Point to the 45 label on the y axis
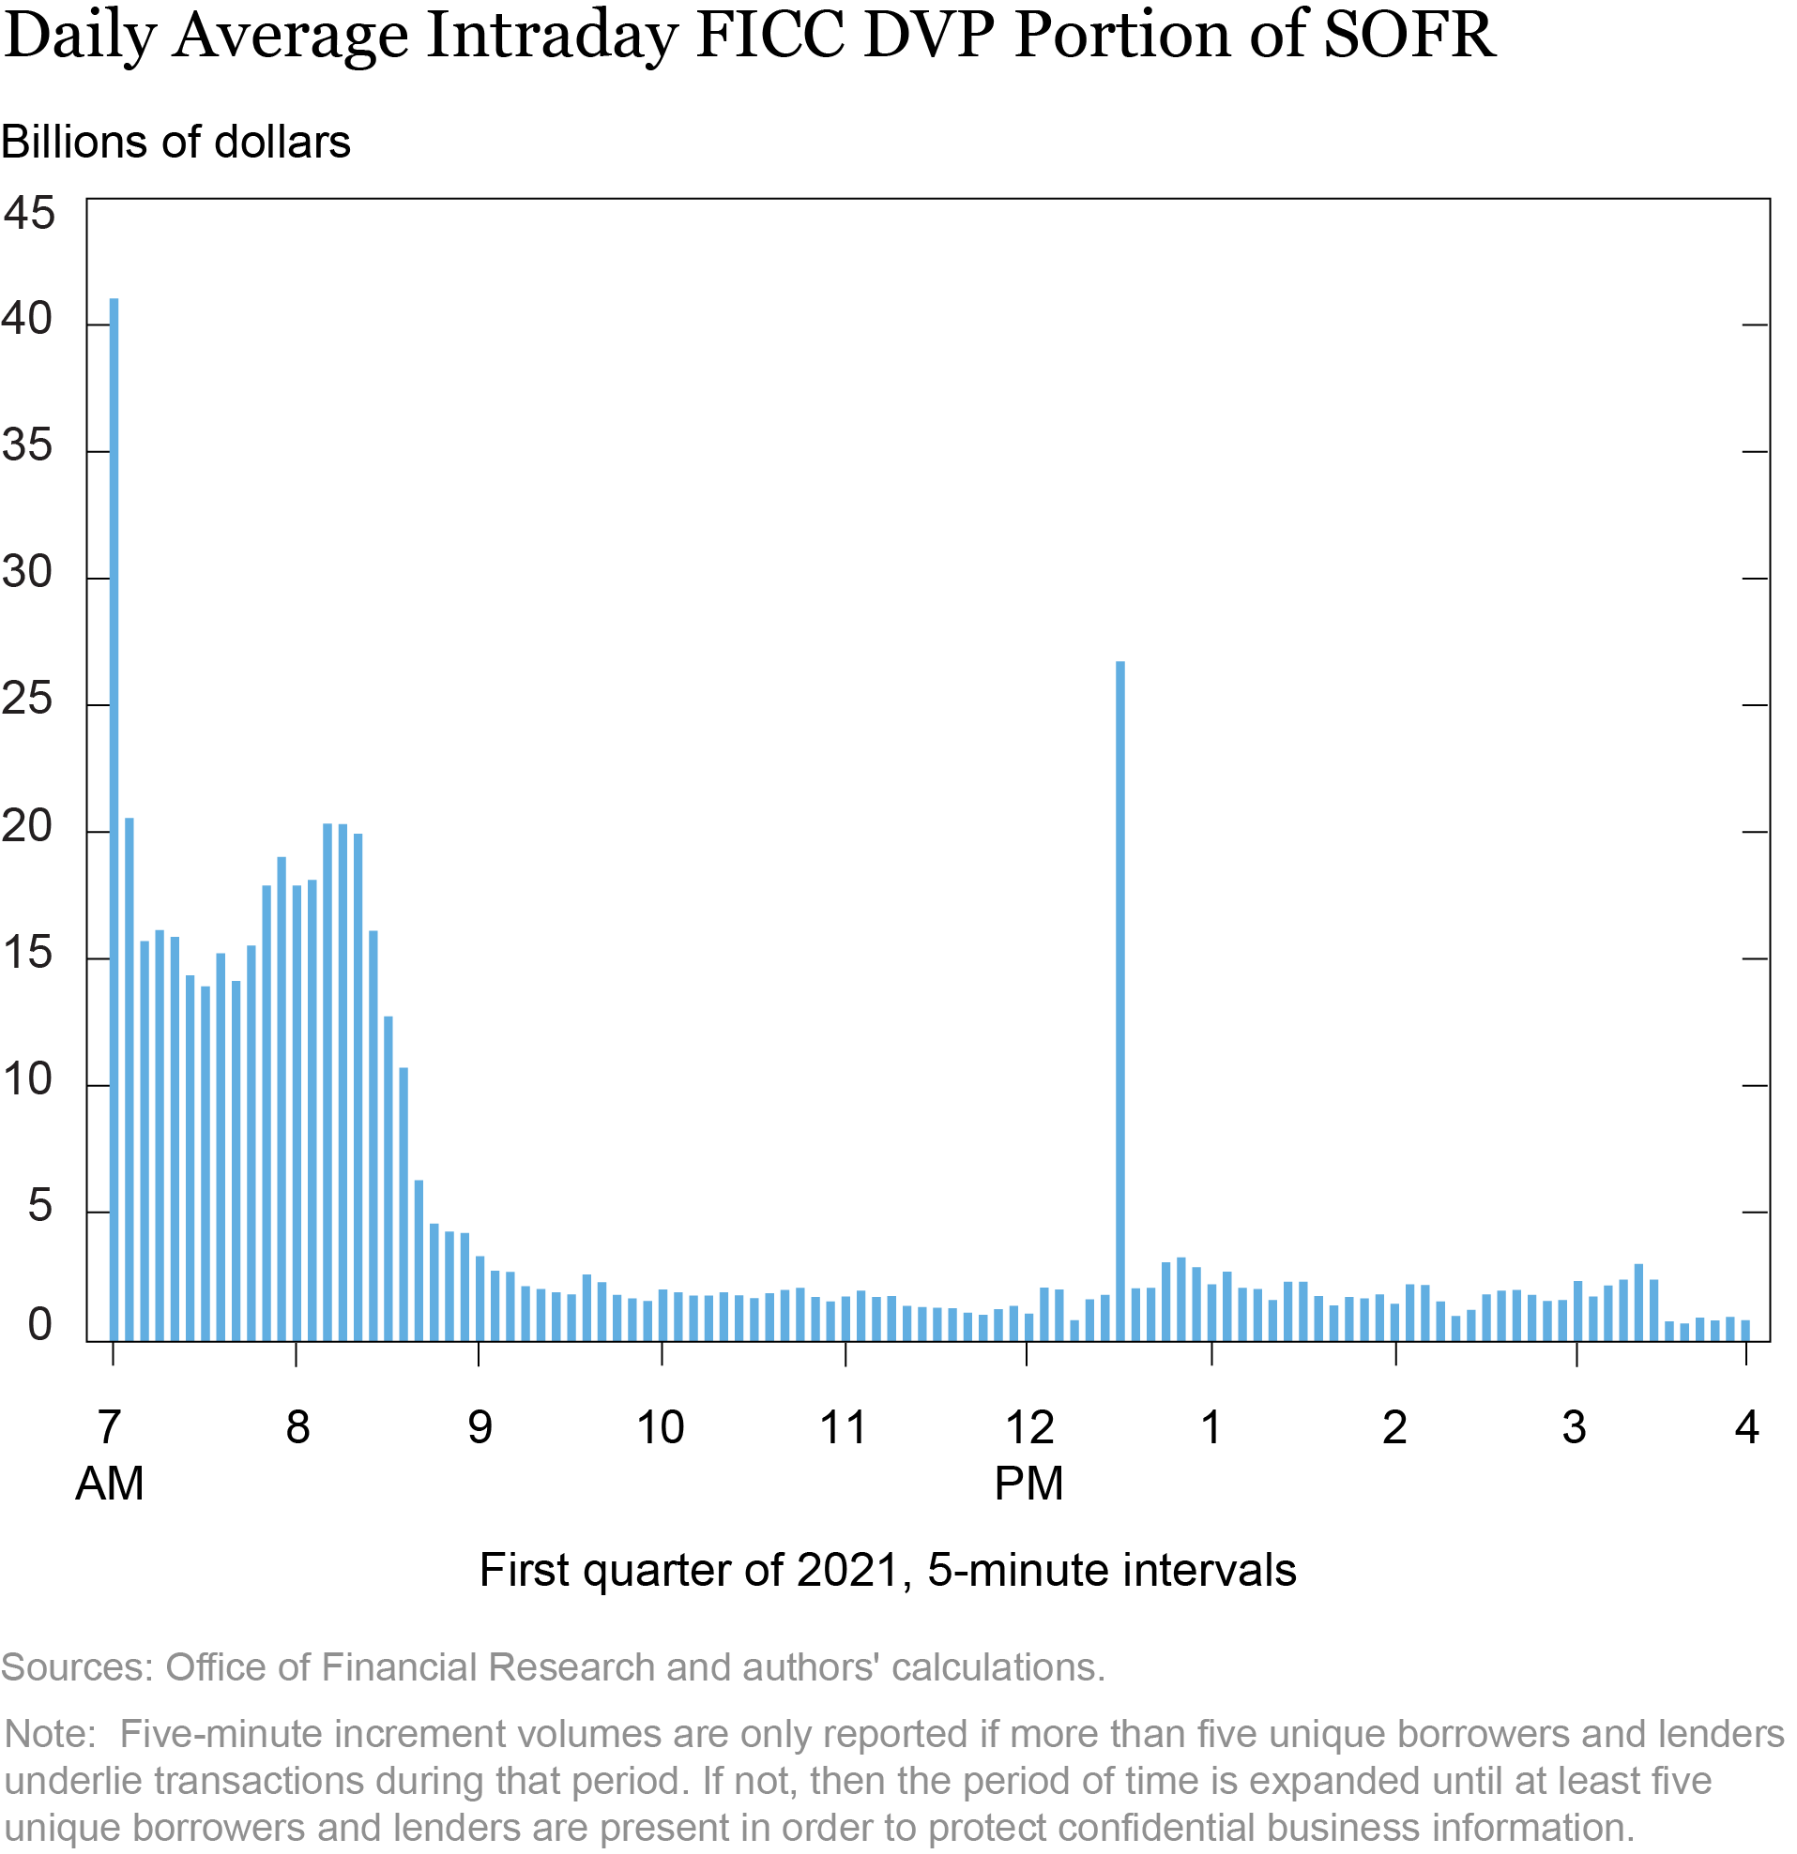[29, 214]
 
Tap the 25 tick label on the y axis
[27, 701]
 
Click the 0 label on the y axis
[38, 1326]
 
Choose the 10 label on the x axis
[660, 1427]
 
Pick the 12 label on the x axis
[1028, 1427]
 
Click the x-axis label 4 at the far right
[1747, 1426]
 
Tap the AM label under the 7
[110, 1483]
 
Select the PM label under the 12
[1028, 1483]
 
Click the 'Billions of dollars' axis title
[176, 143]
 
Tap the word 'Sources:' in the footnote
[77, 1667]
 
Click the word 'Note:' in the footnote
[50, 1734]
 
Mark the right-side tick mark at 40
[1756, 325]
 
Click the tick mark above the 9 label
[479, 1353]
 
